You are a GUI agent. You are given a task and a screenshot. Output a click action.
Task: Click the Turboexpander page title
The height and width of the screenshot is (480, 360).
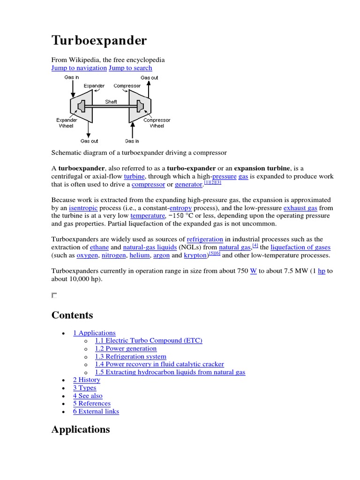pos(99,41)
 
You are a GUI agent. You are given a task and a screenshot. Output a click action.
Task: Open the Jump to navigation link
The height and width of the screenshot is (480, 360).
pos(79,68)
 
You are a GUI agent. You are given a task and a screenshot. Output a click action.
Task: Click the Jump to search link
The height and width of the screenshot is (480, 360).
pos(130,68)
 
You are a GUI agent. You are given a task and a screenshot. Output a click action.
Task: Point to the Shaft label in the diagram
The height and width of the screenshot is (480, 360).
pos(111,101)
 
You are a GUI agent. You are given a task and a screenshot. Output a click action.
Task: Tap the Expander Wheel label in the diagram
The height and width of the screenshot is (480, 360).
pos(67,123)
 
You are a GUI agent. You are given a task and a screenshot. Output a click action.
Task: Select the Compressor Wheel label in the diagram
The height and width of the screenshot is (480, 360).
pos(157,123)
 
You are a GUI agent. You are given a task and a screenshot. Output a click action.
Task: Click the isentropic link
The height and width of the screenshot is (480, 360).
pos(83,208)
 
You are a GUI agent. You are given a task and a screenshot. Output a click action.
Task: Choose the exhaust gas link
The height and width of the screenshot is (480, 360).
pos(300,208)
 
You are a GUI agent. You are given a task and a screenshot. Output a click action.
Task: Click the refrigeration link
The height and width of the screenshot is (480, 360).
pos(205,239)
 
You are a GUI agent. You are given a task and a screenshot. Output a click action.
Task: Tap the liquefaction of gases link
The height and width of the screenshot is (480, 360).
pos(300,247)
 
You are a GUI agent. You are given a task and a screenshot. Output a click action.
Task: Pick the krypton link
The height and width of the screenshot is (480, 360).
pos(195,255)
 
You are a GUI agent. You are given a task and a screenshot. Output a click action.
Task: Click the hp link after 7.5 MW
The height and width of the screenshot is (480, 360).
pos(322,271)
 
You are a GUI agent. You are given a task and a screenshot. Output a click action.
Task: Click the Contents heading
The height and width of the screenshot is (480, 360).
pos(72,315)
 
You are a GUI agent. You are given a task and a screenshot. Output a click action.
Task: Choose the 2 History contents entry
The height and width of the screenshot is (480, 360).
pos(87,380)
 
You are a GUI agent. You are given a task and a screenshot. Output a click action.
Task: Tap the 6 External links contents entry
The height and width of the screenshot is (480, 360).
pos(96,412)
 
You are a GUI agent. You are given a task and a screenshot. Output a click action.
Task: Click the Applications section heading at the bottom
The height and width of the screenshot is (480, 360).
pos(81,429)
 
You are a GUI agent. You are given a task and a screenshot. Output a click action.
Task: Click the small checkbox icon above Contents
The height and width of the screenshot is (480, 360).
pos(54,295)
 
